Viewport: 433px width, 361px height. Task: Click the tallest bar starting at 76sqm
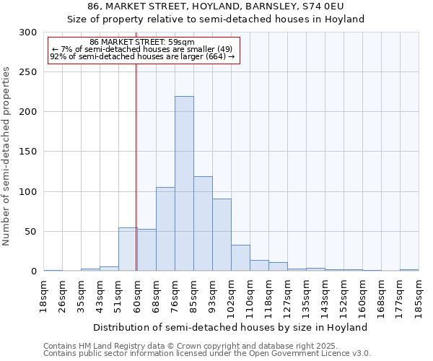[184, 183]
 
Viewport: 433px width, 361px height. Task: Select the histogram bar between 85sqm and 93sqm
[203, 224]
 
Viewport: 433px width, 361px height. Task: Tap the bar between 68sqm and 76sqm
[165, 229]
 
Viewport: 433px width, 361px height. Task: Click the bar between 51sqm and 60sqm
[128, 249]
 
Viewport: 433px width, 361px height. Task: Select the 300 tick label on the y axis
[28, 32]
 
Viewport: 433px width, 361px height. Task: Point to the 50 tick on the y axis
[31, 232]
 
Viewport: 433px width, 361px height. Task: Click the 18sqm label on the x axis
[44, 295]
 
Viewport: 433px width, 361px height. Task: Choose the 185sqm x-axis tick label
[419, 296]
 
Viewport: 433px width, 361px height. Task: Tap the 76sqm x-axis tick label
[175, 295]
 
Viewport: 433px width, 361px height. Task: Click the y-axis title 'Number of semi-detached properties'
[7, 156]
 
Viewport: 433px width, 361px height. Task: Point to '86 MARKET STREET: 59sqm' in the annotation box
[142, 43]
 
